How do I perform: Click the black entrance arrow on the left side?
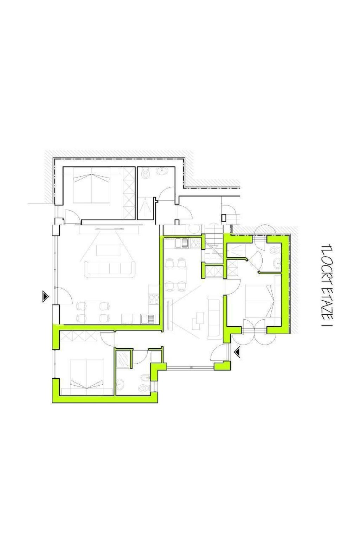pos(45,296)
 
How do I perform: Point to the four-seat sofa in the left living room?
pos(110,270)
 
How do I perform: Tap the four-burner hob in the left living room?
pos(154,300)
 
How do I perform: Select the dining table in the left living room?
pos(93,311)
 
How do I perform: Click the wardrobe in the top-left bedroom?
pos(129,193)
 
